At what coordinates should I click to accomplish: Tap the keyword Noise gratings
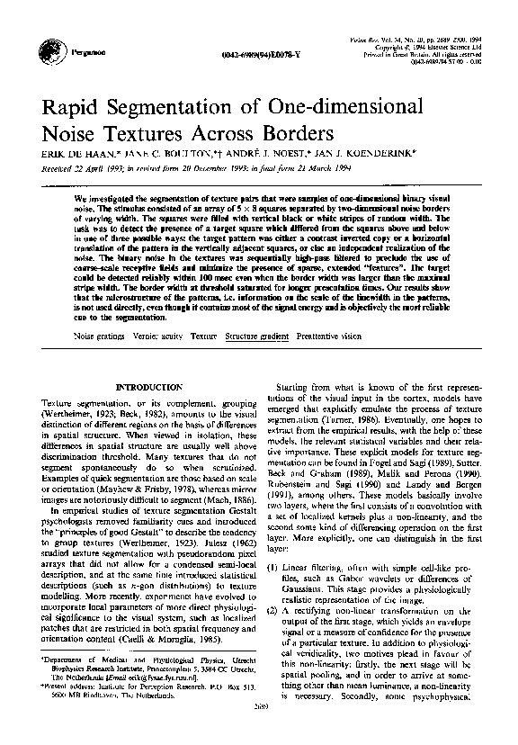tap(100, 335)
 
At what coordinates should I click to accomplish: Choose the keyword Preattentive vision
tap(329, 335)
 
